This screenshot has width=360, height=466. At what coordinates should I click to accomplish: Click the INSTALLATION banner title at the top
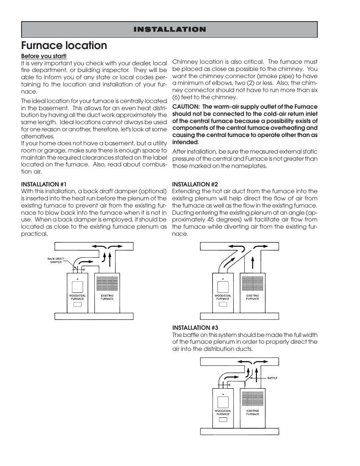pyautogui.click(x=169, y=29)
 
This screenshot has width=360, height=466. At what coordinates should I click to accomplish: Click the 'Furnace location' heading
pyautogui.click(x=64, y=46)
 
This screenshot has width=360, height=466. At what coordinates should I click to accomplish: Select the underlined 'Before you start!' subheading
pyautogui.click(x=44, y=56)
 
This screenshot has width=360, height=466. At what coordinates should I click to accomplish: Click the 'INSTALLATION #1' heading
pyautogui.click(x=44, y=184)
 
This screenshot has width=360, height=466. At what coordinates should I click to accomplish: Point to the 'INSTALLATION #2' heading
pyautogui.click(x=195, y=184)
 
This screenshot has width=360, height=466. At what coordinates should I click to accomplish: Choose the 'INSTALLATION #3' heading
pyautogui.click(x=195, y=328)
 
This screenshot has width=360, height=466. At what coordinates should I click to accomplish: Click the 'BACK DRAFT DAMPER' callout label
pyautogui.click(x=56, y=260)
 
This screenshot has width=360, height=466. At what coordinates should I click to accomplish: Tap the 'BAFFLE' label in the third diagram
pyautogui.click(x=272, y=378)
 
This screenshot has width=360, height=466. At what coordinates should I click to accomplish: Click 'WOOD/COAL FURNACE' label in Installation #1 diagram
pyautogui.click(x=77, y=297)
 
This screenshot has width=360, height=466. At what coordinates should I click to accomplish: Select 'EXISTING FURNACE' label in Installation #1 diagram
pyautogui.click(x=107, y=297)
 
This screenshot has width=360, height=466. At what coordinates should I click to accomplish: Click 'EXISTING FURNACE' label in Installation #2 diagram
pyautogui.click(x=252, y=297)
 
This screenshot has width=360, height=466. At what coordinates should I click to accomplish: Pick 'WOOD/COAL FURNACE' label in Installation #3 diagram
pyautogui.click(x=223, y=412)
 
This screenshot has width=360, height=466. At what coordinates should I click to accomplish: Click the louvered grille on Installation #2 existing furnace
pyautogui.click(x=252, y=283)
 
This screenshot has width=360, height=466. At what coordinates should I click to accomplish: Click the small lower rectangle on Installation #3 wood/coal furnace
pyautogui.click(x=223, y=419)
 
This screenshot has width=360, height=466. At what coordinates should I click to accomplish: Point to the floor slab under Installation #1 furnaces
pyautogui.click(x=94, y=316)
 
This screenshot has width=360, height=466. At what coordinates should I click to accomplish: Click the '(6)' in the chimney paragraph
pyautogui.click(x=177, y=97)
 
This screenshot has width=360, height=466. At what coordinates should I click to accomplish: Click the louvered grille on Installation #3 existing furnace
pyautogui.click(x=252, y=398)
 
